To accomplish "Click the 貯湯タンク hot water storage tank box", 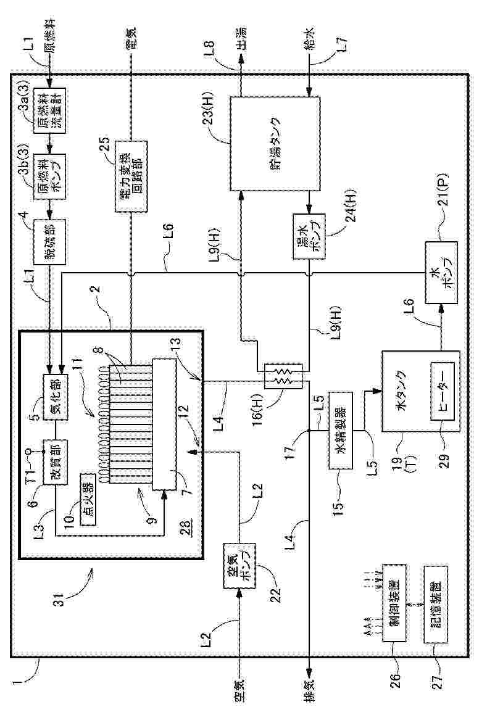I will tap(275, 144).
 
